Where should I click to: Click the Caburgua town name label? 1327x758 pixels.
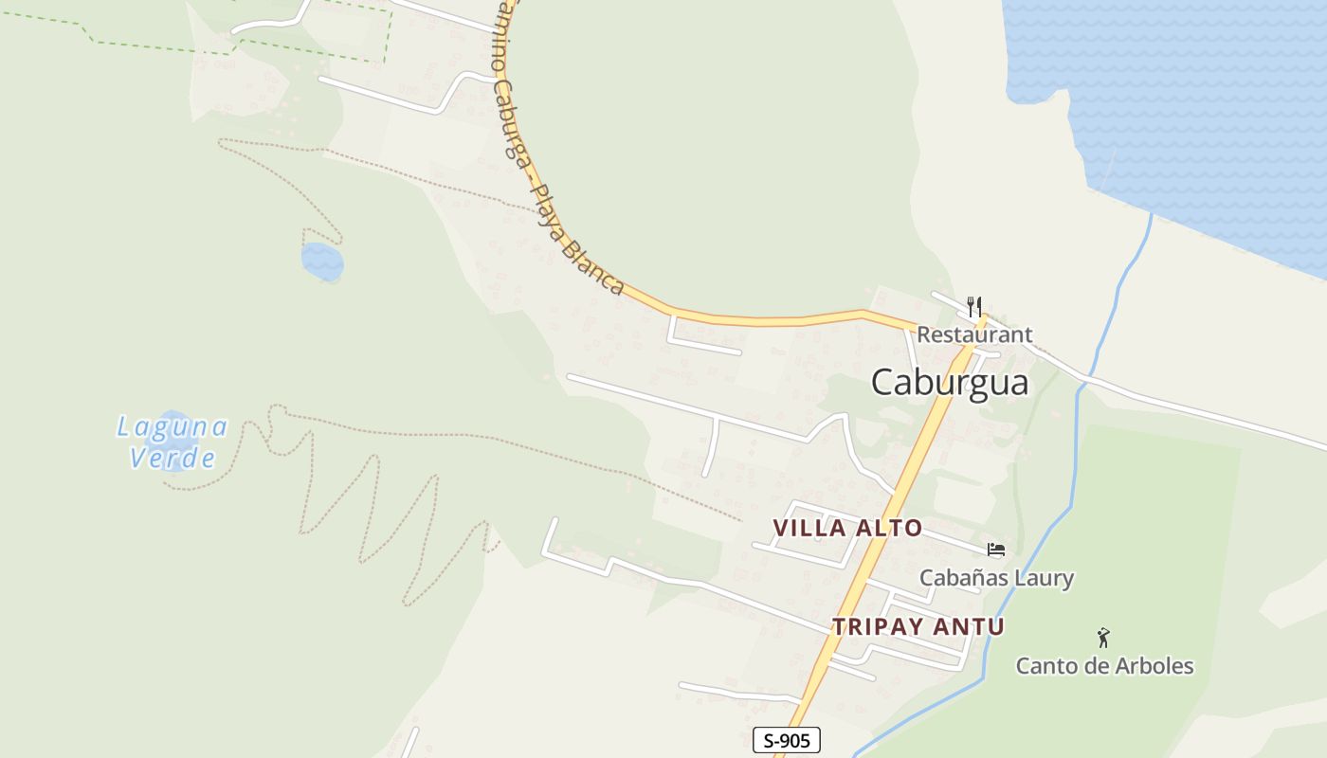949,382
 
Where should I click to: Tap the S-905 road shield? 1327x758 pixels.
786,740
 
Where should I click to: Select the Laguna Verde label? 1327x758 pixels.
172,442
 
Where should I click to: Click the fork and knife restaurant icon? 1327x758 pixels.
973,305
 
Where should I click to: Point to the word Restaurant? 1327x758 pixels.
973,334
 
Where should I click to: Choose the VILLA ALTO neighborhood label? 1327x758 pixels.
847,528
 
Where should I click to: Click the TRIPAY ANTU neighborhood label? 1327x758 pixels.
918,626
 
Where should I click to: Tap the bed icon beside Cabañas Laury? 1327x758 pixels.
995,550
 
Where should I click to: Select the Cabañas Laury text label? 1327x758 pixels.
996,577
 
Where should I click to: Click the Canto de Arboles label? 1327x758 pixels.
1104,665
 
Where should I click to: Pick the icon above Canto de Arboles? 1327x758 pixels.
1103,638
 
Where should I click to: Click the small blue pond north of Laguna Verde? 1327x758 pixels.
321,261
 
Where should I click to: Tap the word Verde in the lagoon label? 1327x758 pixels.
172,459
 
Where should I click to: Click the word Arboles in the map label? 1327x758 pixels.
1154,665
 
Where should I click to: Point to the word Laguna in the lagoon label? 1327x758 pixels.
172,427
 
